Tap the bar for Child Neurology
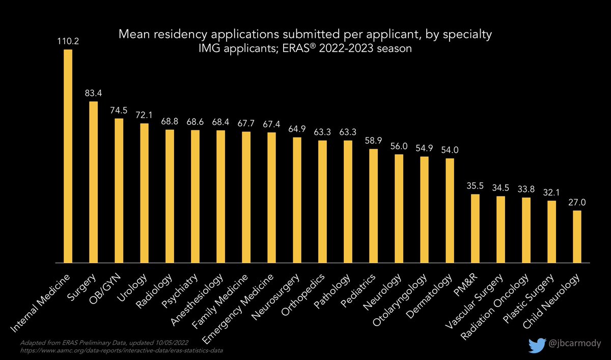(577, 236)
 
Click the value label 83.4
(93, 93)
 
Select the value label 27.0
(577, 202)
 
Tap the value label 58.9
(373, 141)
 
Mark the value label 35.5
(475, 186)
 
